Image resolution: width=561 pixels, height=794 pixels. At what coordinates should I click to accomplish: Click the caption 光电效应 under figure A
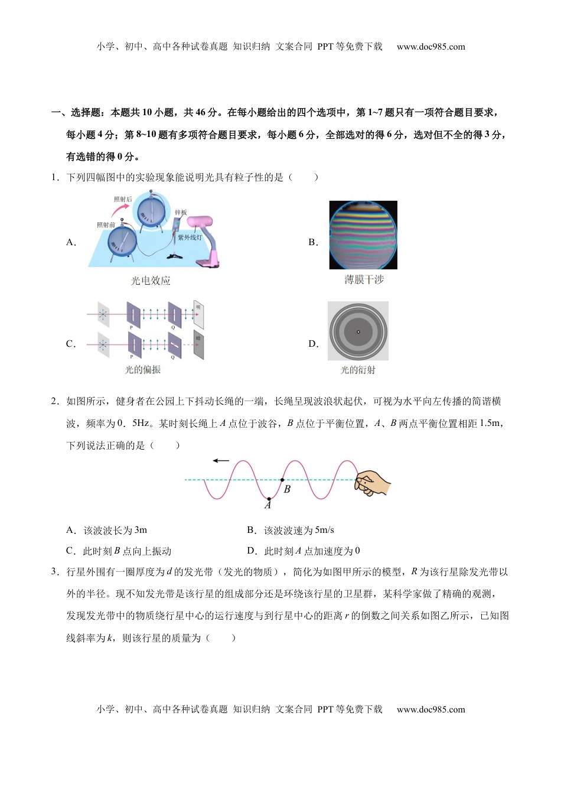151,281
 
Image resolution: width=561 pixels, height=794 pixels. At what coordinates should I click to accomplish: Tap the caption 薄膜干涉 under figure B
364,279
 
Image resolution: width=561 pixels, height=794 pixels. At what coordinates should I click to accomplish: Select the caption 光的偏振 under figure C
142,370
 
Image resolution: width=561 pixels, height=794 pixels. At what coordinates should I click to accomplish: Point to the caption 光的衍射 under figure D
358,370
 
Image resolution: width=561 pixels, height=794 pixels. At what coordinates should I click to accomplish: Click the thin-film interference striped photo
363,235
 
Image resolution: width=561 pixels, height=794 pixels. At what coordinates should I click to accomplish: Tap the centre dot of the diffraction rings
358,331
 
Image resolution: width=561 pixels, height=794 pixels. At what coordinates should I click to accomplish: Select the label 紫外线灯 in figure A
190,238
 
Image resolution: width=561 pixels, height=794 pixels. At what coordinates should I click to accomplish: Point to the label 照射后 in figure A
123,199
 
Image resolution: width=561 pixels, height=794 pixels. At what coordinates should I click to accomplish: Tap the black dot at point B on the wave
282,480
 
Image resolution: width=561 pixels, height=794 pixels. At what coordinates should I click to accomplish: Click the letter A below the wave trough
268,506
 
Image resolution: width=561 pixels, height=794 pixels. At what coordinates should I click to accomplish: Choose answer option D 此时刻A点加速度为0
304,551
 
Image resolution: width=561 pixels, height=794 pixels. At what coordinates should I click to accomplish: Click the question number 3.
54,572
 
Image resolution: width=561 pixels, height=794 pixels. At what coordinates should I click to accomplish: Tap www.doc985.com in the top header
430,47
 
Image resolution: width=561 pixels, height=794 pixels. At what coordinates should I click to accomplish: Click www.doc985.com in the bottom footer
430,710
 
